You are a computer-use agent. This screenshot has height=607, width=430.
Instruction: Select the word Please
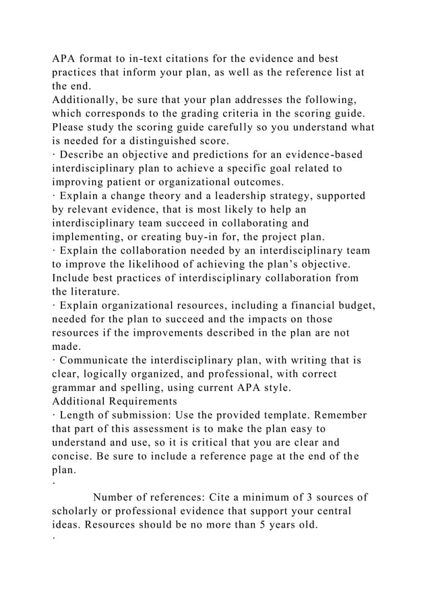tap(71, 127)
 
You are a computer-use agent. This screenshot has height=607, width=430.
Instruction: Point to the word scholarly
tap(79, 512)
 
